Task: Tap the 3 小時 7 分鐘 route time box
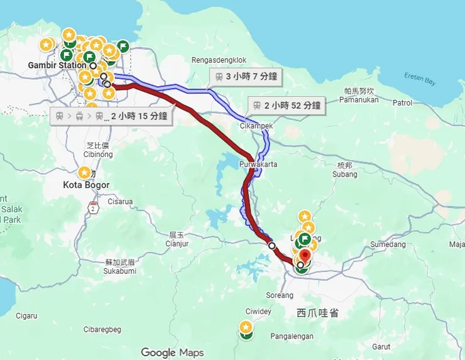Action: point(245,77)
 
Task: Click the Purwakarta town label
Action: point(258,165)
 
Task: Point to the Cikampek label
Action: point(256,126)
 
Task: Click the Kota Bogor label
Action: point(87,185)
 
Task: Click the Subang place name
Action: point(344,174)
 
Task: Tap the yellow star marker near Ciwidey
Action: point(246,327)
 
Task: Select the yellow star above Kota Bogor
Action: point(84,172)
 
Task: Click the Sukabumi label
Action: point(120,271)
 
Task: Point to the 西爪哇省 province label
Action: point(317,312)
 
